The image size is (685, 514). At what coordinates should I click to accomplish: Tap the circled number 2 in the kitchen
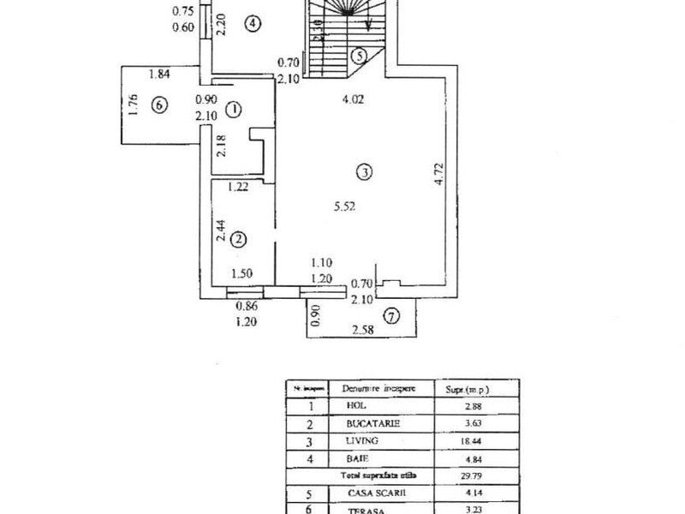click(240, 239)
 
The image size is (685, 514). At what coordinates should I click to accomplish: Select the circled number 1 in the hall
click(236, 109)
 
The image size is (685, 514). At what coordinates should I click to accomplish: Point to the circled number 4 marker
click(252, 24)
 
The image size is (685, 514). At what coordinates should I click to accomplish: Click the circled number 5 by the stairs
click(360, 56)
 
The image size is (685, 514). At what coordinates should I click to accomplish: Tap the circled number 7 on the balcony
click(390, 317)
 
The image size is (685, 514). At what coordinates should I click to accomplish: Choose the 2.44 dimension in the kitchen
click(220, 232)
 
